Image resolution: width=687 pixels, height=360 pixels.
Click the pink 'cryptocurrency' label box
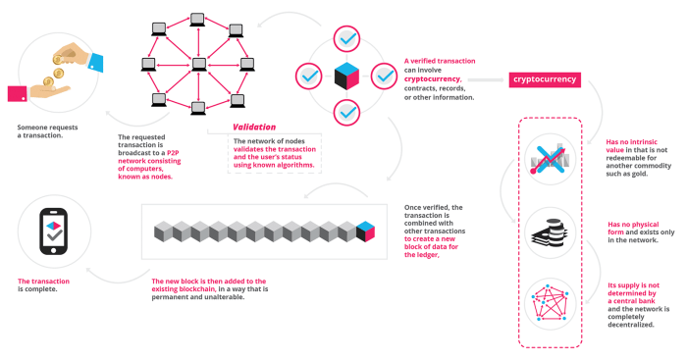point(544,79)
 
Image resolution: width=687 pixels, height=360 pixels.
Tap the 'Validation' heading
point(254,127)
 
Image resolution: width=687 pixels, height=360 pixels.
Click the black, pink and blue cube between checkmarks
point(346,76)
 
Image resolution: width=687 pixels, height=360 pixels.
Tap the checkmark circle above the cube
point(346,39)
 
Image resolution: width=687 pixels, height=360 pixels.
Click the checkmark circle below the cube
point(346,112)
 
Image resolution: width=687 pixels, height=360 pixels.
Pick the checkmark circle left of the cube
point(309,75)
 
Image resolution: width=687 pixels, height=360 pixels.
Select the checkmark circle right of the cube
point(383,76)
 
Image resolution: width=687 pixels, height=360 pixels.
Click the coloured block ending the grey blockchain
point(366,231)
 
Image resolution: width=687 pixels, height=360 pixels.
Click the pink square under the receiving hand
point(17,94)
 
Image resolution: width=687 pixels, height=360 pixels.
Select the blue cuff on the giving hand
point(94,61)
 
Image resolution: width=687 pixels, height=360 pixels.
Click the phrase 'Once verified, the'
point(433,207)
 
